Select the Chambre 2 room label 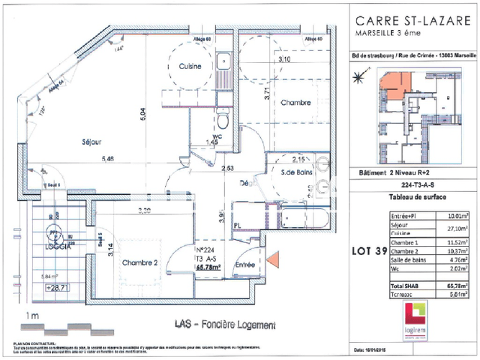pyautogui.click(x=139, y=241)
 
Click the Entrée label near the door pyautogui.click(x=245, y=264)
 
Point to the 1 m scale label pyautogui.click(x=32, y=316)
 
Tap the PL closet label pyautogui.click(x=235, y=224)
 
